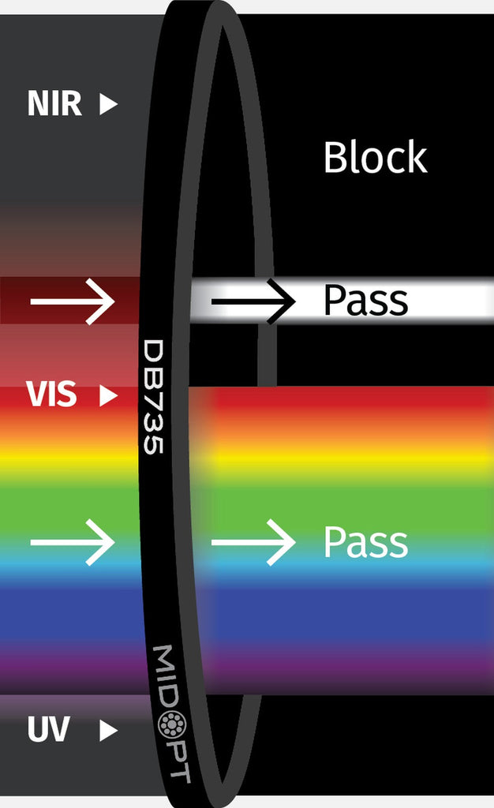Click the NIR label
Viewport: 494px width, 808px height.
click(x=54, y=104)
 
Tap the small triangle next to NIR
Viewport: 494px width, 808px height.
click(x=108, y=104)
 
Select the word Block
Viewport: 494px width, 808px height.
click(x=375, y=158)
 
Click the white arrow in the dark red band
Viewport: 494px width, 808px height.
click(x=73, y=301)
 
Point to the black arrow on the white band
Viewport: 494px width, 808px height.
click(x=253, y=301)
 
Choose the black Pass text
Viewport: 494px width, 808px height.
click(x=365, y=301)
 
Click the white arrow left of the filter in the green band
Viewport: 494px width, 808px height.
click(x=73, y=542)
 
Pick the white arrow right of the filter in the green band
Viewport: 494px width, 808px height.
click(x=253, y=542)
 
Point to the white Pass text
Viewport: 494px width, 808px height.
click(x=365, y=543)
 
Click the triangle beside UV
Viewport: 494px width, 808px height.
click(x=108, y=731)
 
